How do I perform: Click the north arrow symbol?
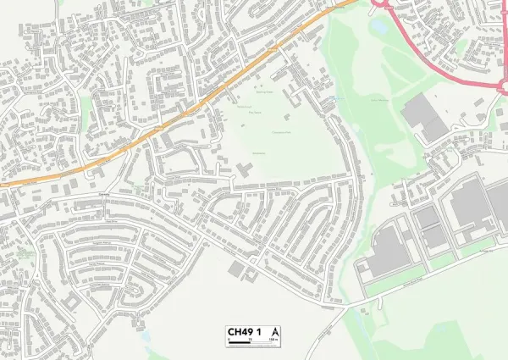point(276,331)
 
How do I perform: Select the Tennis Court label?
point(244,107)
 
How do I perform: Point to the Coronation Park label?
point(282,132)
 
